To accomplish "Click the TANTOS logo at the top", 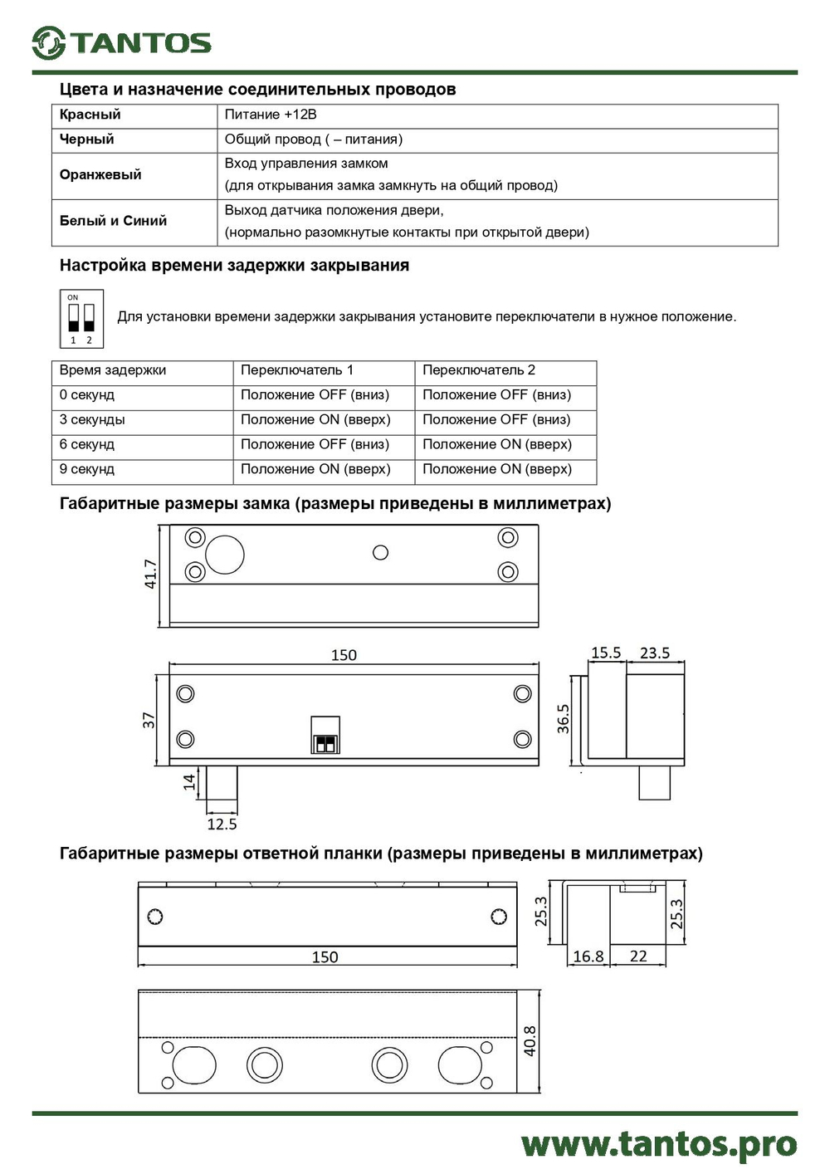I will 122,42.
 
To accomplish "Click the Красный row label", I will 90,115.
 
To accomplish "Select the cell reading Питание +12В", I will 271,115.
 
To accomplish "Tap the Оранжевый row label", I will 100,174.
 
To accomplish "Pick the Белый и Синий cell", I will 113,221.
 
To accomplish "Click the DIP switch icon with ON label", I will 81,318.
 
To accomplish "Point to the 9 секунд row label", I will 86,469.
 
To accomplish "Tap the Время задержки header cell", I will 113,370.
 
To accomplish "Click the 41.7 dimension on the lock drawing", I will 150,574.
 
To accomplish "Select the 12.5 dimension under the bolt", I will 222,824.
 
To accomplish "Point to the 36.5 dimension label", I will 564,719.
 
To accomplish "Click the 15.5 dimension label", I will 606,653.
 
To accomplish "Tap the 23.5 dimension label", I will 655,653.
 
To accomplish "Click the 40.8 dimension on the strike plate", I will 530,1040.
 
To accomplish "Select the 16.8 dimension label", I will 588,956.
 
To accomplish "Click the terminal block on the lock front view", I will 325,735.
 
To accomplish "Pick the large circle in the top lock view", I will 225,555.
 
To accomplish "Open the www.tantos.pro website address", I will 659,1144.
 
